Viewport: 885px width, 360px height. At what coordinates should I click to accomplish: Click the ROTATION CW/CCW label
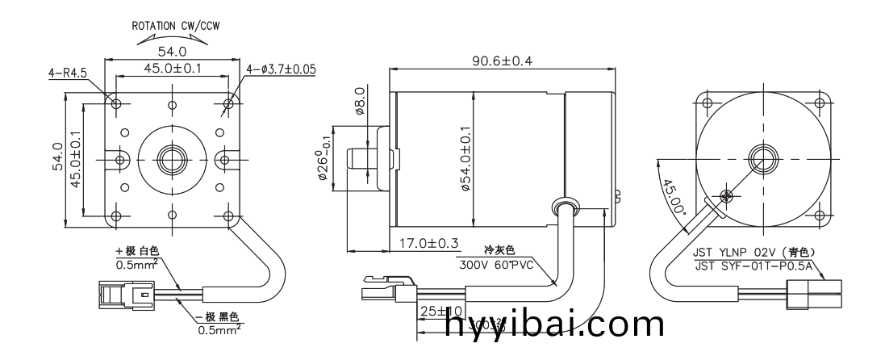[x=176, y=26]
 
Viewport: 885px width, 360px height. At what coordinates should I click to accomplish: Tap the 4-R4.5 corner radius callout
[x=67, y=72]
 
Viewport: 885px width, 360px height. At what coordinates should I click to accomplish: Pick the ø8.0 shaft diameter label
[x=361, y=103]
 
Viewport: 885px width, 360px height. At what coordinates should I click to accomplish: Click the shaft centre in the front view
[x=170, y=157]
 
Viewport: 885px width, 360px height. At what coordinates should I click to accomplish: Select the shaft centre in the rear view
[x=762, y=157]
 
